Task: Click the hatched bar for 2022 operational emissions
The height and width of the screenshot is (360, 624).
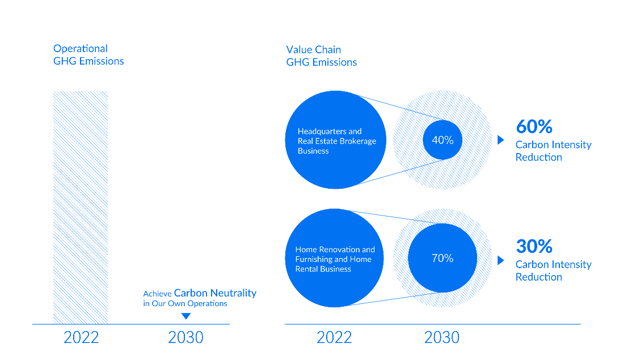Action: click(81, 207)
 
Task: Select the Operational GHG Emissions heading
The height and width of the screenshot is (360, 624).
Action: click(88, 55)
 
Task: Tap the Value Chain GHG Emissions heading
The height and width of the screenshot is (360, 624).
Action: click(322, 56)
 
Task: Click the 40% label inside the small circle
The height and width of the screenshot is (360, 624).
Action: click(442, 140)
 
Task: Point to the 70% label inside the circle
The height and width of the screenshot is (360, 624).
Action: click(442, 258)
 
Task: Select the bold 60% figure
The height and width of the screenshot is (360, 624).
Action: click(534, 126)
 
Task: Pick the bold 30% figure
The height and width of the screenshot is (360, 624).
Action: click(534, 246)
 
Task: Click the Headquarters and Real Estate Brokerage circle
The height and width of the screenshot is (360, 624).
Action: click(335, 140)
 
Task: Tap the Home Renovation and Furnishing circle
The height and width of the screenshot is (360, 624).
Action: click(334, 258)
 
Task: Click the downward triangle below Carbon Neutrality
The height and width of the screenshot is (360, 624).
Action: click(186, 316)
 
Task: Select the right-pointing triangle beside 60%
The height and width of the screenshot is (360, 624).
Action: click(501, 139)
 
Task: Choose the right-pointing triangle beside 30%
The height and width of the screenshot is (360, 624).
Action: click(501, 260)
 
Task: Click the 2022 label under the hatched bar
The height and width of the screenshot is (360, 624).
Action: click(81, 338)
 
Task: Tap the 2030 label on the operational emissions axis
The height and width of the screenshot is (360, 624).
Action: click(186, 338)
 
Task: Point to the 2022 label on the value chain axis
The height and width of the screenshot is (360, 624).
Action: click(334, 338)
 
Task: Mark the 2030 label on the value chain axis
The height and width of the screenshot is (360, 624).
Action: click(442, 338)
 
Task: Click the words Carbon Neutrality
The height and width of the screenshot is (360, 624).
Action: click(216, 293)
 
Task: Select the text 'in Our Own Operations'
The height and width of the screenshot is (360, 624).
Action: click(185, 303)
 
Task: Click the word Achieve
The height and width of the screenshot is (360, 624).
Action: click(157, 294)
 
